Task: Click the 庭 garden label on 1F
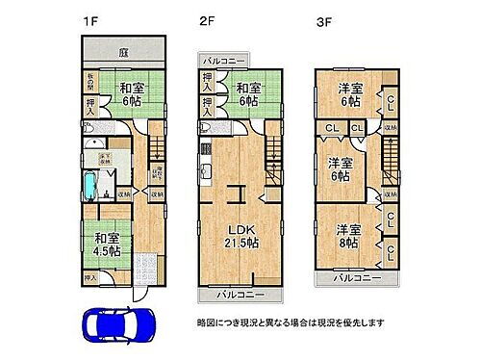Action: [x=124, y=53]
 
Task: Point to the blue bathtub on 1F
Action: [x=91, y=182]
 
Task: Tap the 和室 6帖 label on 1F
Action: [x=132, y=94]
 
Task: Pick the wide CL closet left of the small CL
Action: [x=330, y=127]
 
